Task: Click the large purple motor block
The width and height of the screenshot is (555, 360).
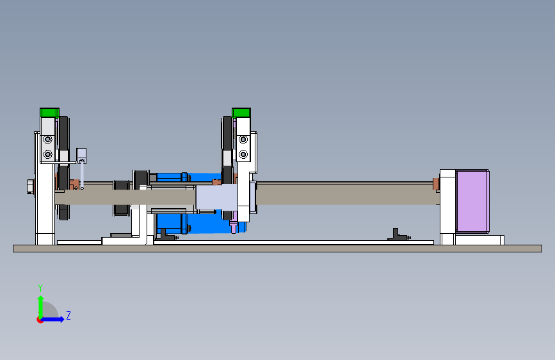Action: click(x=472, y=201)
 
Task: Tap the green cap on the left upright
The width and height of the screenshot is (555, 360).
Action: click(x=49, y=113)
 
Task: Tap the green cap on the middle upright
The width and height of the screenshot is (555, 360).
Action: click(x=241, y=113)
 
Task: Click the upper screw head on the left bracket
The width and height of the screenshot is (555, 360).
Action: click(x=48, y=140)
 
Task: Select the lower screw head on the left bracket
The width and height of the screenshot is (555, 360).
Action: click(x=48, y=154)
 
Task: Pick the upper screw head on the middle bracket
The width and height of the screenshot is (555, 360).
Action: click(x=243, y=140)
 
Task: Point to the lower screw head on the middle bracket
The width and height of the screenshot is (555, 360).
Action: click(x=243, y=154)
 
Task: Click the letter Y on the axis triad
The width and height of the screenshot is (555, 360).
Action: click(x=40, y=288)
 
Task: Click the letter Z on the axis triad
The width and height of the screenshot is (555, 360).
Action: click(x=68, y=315)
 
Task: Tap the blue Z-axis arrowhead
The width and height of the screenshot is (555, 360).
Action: click(x=62, y=319)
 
